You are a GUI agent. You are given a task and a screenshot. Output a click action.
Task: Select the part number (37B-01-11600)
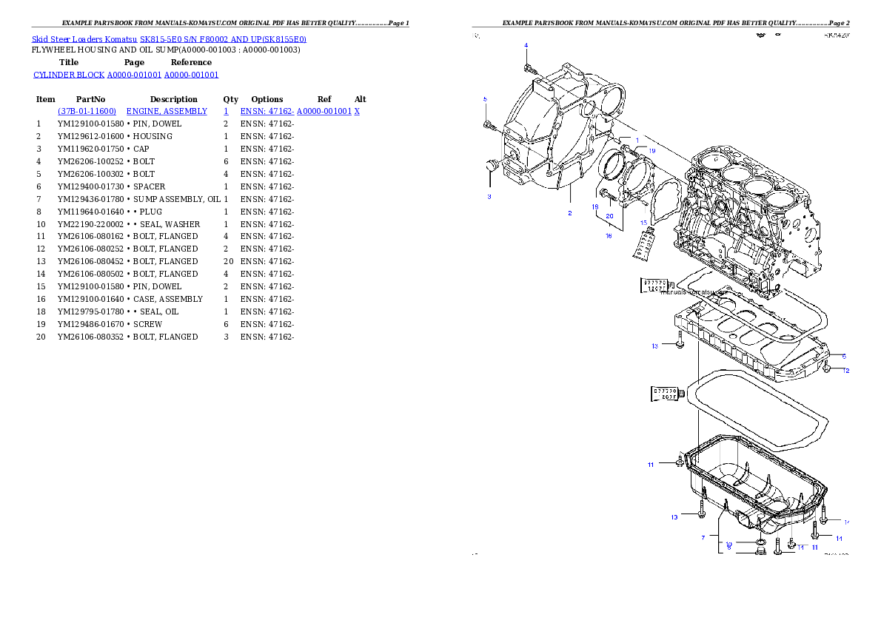[x=87, y=111]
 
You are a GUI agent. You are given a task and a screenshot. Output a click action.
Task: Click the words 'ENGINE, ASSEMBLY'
[x=167, y=111]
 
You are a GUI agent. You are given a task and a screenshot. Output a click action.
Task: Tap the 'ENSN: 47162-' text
[x=267, y=111]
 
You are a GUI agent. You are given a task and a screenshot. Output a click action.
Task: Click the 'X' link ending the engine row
[x=357, y=111]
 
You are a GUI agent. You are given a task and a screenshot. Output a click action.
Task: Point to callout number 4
[x=526, y=45]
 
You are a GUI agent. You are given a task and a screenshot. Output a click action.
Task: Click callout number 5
[x=485, y=98]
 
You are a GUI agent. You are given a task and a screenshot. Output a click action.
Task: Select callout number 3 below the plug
[x=489, y=197]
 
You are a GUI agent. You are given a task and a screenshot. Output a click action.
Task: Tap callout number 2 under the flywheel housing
[x=569, y=213]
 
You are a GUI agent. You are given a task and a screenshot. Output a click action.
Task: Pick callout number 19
[x=651, y=150]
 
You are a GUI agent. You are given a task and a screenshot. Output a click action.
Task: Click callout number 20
[x=609, y=216]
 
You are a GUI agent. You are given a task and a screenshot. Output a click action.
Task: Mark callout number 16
[x=609, y=235]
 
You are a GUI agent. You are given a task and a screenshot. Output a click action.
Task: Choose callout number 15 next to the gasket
[x=644, y=222]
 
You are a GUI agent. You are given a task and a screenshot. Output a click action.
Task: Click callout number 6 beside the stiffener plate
[x=843, y=356]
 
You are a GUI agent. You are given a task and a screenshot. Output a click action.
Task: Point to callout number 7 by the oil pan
[x=703, y=538]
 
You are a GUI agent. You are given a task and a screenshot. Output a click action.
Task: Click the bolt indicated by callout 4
[x=529, y=68]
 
